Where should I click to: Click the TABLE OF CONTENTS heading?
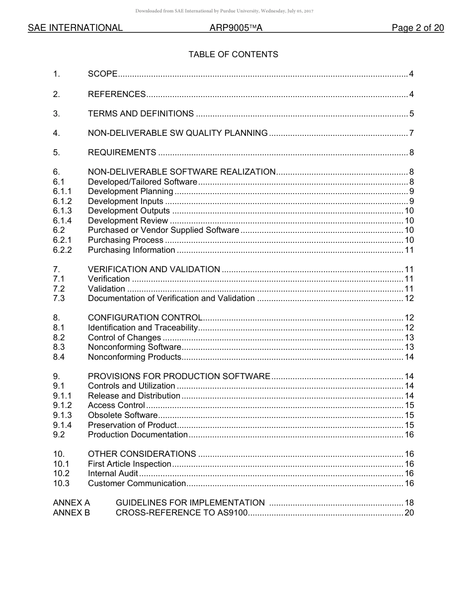click(x=233, y=55)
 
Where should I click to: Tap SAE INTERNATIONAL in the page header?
click(x=75, y=28)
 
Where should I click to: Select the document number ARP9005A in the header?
click(x=236, y=28)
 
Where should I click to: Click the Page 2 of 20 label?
click(x=417, y=28)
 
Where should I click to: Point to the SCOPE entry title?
click(x=102, y=74)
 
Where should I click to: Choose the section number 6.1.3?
click(x=62, y=211)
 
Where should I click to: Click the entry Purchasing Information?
click(x=131, y=250)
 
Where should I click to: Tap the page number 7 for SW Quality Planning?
click(x=411, y=133)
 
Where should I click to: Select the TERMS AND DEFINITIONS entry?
click(x=141, y=113)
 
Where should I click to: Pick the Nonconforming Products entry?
click(x=134, y=357)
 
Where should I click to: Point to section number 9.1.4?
click(x=62, y=425)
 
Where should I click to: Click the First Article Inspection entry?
click(x=129, y=464)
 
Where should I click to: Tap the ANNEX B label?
click(x=72, y=512)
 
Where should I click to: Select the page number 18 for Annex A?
click(x=409, y=503)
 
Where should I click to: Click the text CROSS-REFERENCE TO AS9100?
click(x=181, y=512)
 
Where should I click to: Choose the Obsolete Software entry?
click(x=122, y=415)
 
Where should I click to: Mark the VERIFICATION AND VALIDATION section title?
click(x=154, y=269)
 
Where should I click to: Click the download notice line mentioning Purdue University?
click(x=224, y=11)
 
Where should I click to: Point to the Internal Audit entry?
click(x=113, y=473)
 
